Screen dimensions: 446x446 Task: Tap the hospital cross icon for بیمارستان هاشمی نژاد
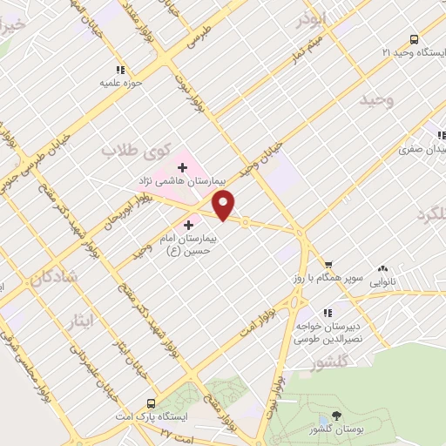click(182, 167)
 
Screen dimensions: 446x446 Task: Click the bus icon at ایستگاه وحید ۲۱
click(413, 39)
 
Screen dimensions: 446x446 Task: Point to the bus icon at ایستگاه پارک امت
click(151, 404)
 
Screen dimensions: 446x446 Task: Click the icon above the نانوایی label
click(383, 269)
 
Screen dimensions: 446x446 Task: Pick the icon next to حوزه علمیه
click(118, 71)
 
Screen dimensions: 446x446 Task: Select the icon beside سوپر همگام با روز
click(328, 265)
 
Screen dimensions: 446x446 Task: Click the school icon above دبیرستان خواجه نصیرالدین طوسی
click(327, 313)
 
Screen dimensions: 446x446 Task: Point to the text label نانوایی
click(383, 283)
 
